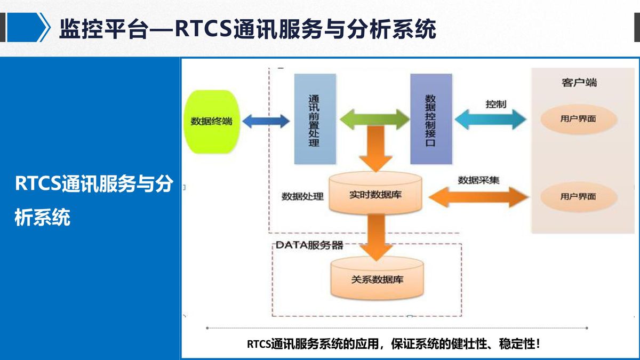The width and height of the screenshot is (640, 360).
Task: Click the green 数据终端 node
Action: point(212,122)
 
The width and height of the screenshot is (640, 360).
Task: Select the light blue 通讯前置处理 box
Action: point(315,119)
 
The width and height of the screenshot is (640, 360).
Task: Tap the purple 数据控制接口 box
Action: point(431,119)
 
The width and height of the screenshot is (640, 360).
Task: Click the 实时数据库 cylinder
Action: point(375,194)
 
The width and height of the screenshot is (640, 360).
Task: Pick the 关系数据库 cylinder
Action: point(377,278)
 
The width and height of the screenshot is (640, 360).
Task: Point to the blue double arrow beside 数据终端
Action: point(266,121)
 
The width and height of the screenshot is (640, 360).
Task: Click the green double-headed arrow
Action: point(374,119)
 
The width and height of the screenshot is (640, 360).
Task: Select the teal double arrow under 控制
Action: point(490,119)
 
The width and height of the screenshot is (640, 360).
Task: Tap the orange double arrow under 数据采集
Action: point(478,197)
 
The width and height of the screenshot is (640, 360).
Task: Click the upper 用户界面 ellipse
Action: point(579,119)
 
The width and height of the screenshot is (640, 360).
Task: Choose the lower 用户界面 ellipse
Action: point(579,197)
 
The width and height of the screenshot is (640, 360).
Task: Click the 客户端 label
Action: point(579,83)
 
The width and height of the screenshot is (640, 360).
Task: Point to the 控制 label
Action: point(495,105)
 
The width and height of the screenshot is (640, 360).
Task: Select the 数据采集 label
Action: point(478,180)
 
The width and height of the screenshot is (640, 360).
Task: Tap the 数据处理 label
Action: point(302,197)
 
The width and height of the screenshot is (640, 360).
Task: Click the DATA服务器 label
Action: point(309,245)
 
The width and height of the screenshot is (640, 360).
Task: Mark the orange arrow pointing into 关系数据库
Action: point(376,238)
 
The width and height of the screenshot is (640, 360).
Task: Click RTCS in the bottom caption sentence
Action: point(259,344)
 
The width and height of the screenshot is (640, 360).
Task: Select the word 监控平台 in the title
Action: point(105,29)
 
